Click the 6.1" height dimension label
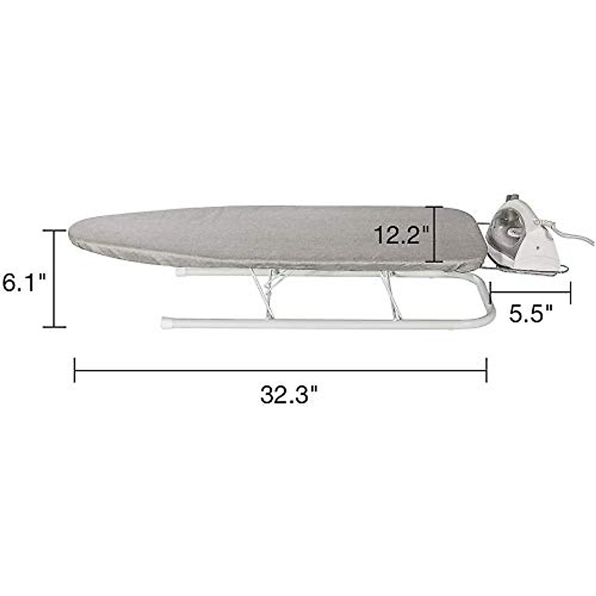point(23,284)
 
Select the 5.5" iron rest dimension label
point(530,314)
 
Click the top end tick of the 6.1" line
point(54,230)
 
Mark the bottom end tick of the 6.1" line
point(54,327)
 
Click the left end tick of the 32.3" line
point(74,370)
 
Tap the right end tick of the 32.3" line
point(487,370)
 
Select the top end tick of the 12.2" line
point(435,207)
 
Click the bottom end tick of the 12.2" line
point(435,262)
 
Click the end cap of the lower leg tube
point(164,323)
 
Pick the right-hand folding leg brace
point(390,293)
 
